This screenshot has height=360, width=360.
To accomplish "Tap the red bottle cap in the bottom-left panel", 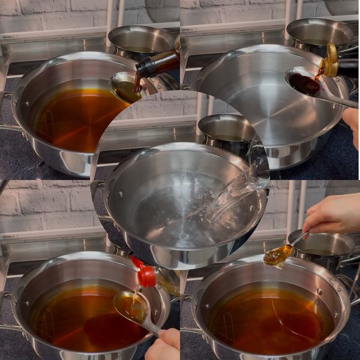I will pyautogui.click(x=146, y=275).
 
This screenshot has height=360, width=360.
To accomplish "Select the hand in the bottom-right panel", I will pyautogui.click(x=333, y=214).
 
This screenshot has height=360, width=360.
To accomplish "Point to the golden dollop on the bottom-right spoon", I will pyautogui.click(x=278, y=255).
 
